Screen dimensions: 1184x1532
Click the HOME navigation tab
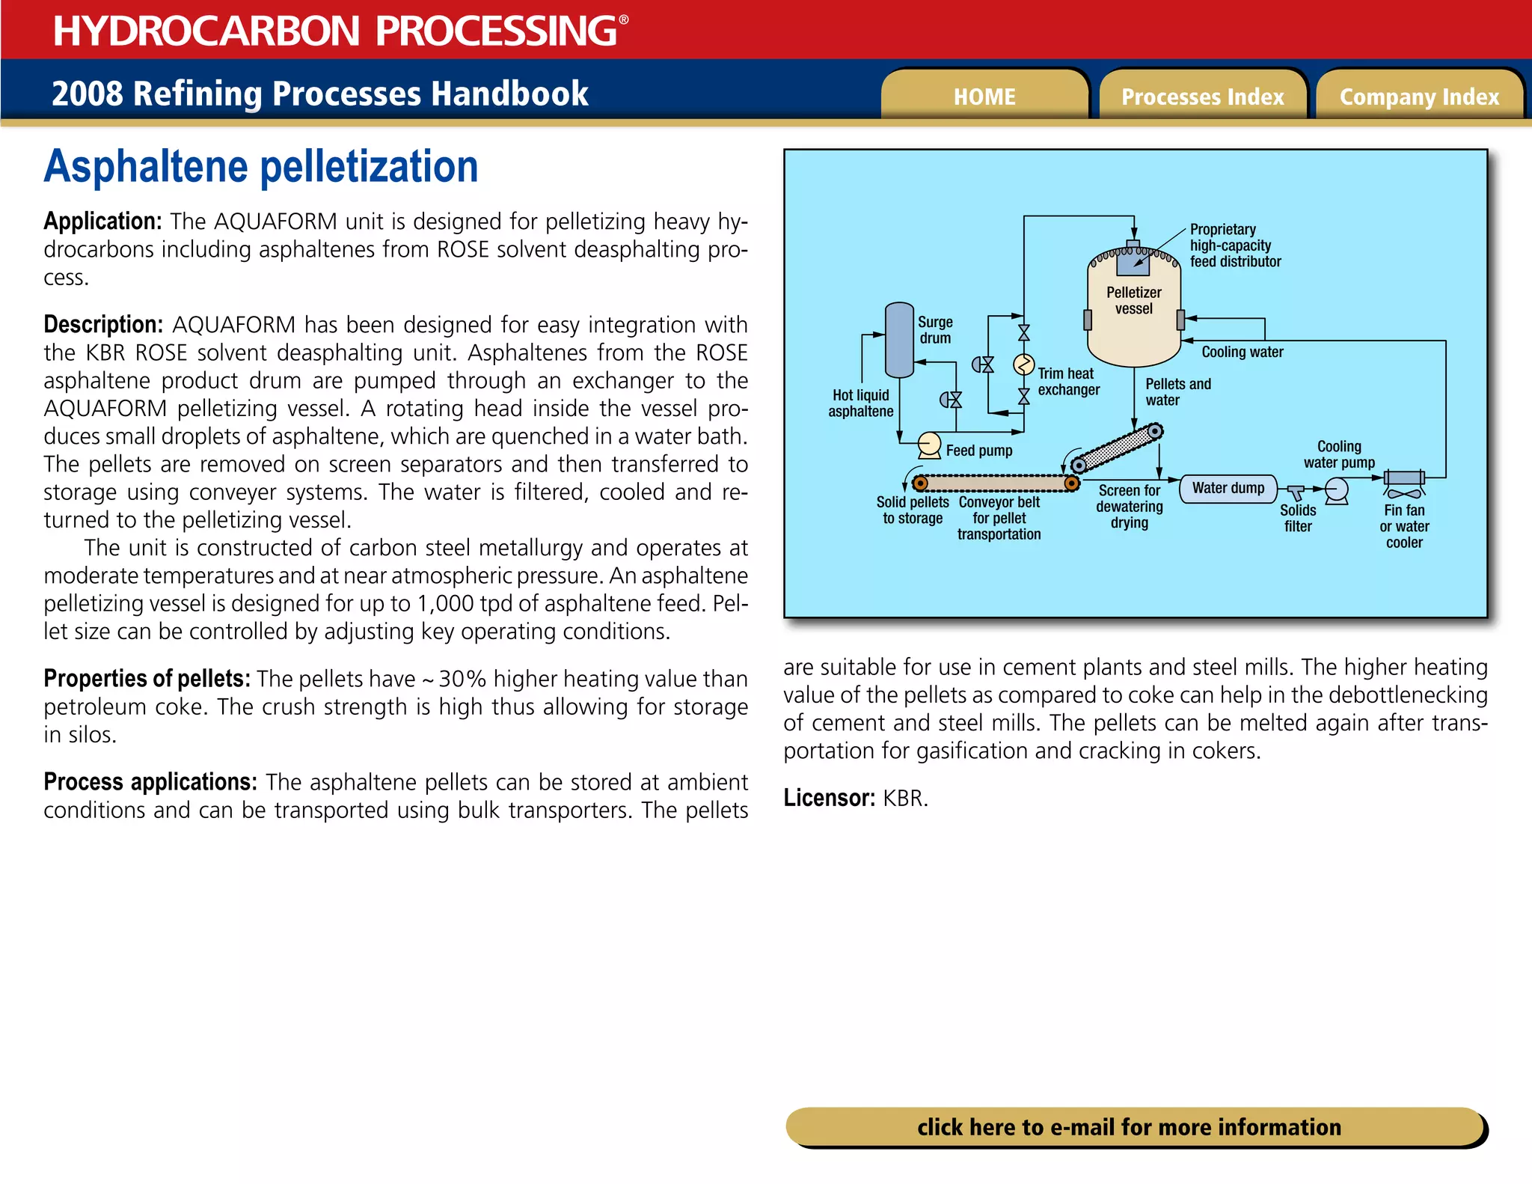984,97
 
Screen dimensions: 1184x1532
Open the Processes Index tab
1202,97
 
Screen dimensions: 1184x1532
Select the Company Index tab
1419,97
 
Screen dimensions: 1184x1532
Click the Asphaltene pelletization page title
261,166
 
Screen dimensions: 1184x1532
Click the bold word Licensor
829,798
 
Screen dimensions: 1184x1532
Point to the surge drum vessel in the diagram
898,341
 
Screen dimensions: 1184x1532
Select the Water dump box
1228,489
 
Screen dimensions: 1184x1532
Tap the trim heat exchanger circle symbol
1023,365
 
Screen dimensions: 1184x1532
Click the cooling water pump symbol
1337,491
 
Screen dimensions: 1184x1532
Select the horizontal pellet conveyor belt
996,483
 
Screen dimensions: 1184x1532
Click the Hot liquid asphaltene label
860,403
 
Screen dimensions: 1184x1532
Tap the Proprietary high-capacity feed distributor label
1234,245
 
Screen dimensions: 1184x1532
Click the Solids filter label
1298,518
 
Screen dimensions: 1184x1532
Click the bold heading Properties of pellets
147,679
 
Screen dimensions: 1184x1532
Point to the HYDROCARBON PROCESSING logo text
334,31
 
